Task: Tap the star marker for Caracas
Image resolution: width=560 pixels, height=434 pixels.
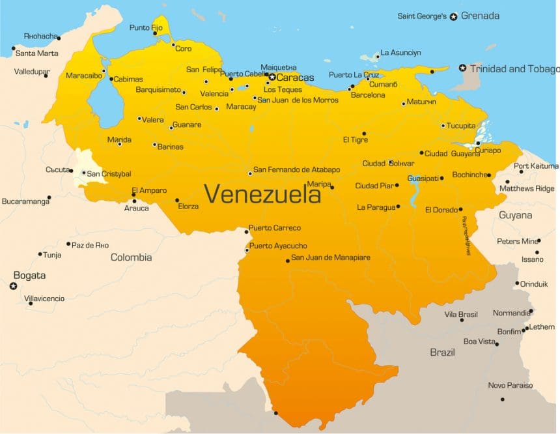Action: [x=272, y=77]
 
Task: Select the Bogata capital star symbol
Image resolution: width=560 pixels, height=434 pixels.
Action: [x=13, y=286]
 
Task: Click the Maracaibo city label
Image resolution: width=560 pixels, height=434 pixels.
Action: [x=84, y=76]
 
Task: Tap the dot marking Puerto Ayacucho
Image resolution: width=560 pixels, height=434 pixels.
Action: [x=247, y=250]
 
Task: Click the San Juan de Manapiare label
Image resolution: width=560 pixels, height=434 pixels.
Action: [x=330, y=257]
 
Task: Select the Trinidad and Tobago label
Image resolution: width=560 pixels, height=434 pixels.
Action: [x=514, y=68]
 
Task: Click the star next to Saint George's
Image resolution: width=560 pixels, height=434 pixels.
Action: [x=454, y=16]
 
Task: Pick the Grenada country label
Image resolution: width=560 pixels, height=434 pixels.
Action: [x=480, y=16]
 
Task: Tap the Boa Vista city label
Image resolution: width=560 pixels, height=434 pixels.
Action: [x=479, y=341]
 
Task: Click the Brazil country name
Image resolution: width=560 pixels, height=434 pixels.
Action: [x=442, y=352]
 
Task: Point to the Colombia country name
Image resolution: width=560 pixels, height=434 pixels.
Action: [x=131, y=257]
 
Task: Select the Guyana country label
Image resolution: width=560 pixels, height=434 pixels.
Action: [x=515, y=215]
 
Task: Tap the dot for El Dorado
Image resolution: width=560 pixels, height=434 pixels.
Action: [x=460, y=209]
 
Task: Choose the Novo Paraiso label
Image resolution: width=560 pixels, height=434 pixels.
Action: [x=510, y=385]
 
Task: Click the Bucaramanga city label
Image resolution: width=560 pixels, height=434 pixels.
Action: [x=25, y=201]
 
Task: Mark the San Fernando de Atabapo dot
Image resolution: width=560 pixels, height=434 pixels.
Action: [x=250, y=173]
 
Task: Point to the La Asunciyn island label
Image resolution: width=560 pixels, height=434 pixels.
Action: [x=400, y=52]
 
